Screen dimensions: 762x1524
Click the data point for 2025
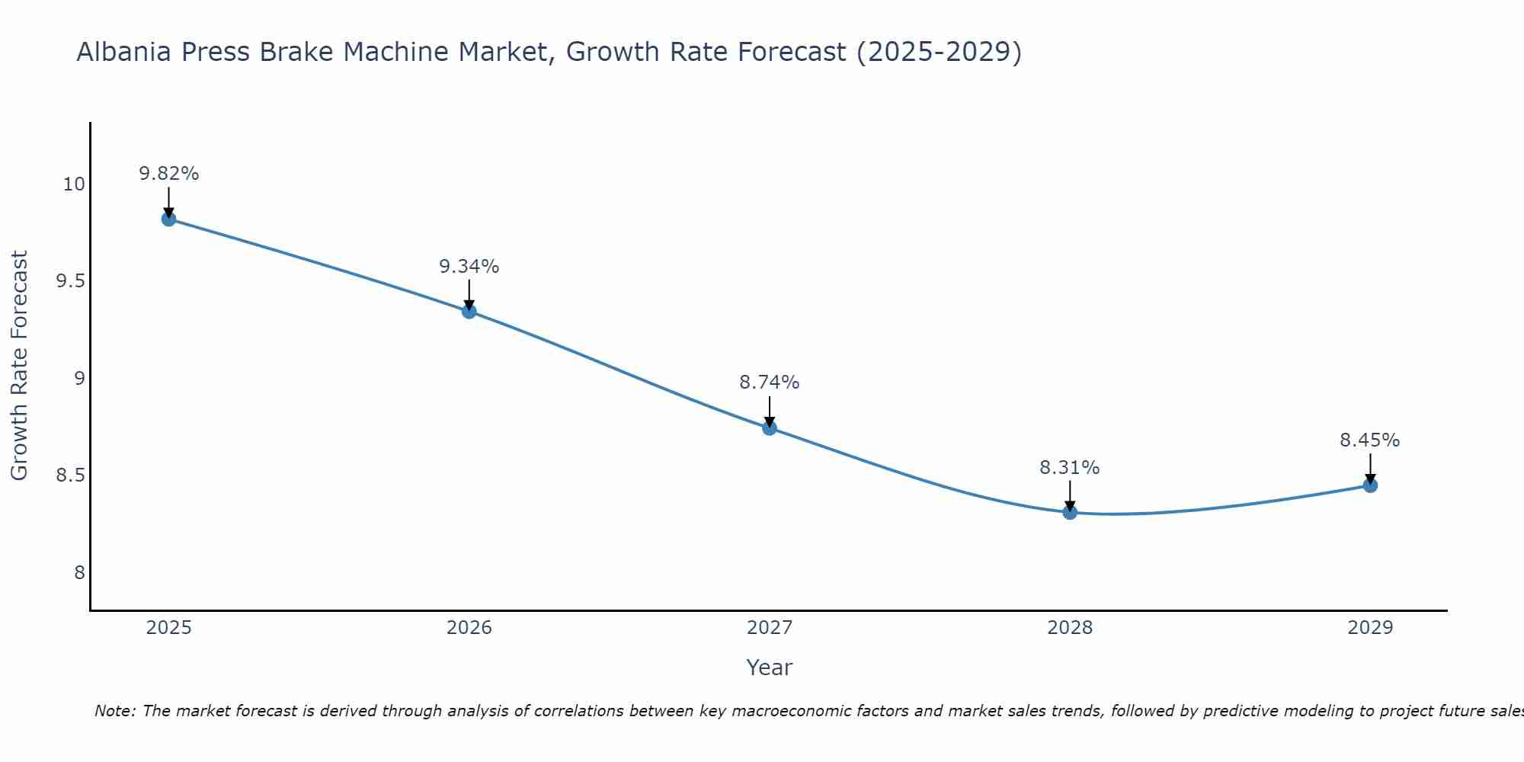tap(168, 219)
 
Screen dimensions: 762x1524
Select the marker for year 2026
tap(469, 311)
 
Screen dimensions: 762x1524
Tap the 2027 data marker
tap(769, 428)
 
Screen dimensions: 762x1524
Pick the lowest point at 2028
tap(1070, 512)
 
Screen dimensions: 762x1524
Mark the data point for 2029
tap(1370, 485)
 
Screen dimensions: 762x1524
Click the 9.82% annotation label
tap(168, 174)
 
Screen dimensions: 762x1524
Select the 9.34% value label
tap(469, 267)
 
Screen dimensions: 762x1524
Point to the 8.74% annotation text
tap(769, 383)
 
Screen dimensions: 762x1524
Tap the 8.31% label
tap(1070, 468)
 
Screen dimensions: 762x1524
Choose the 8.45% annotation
tap(1370, 440)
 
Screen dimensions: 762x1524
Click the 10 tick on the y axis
tap(74, 184)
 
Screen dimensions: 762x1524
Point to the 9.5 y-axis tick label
tap(70, 281)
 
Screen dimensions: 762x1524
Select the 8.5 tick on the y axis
tap(70, 475)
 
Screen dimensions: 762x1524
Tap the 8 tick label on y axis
tap(79, 573)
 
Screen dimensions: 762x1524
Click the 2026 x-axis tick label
tap(469, 628)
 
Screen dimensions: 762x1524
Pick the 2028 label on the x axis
tap(1070, 628)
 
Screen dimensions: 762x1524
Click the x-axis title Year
tap(769, 668)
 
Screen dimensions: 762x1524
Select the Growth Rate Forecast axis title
tap(20, 366)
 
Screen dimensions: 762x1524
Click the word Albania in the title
tap(124, 52)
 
